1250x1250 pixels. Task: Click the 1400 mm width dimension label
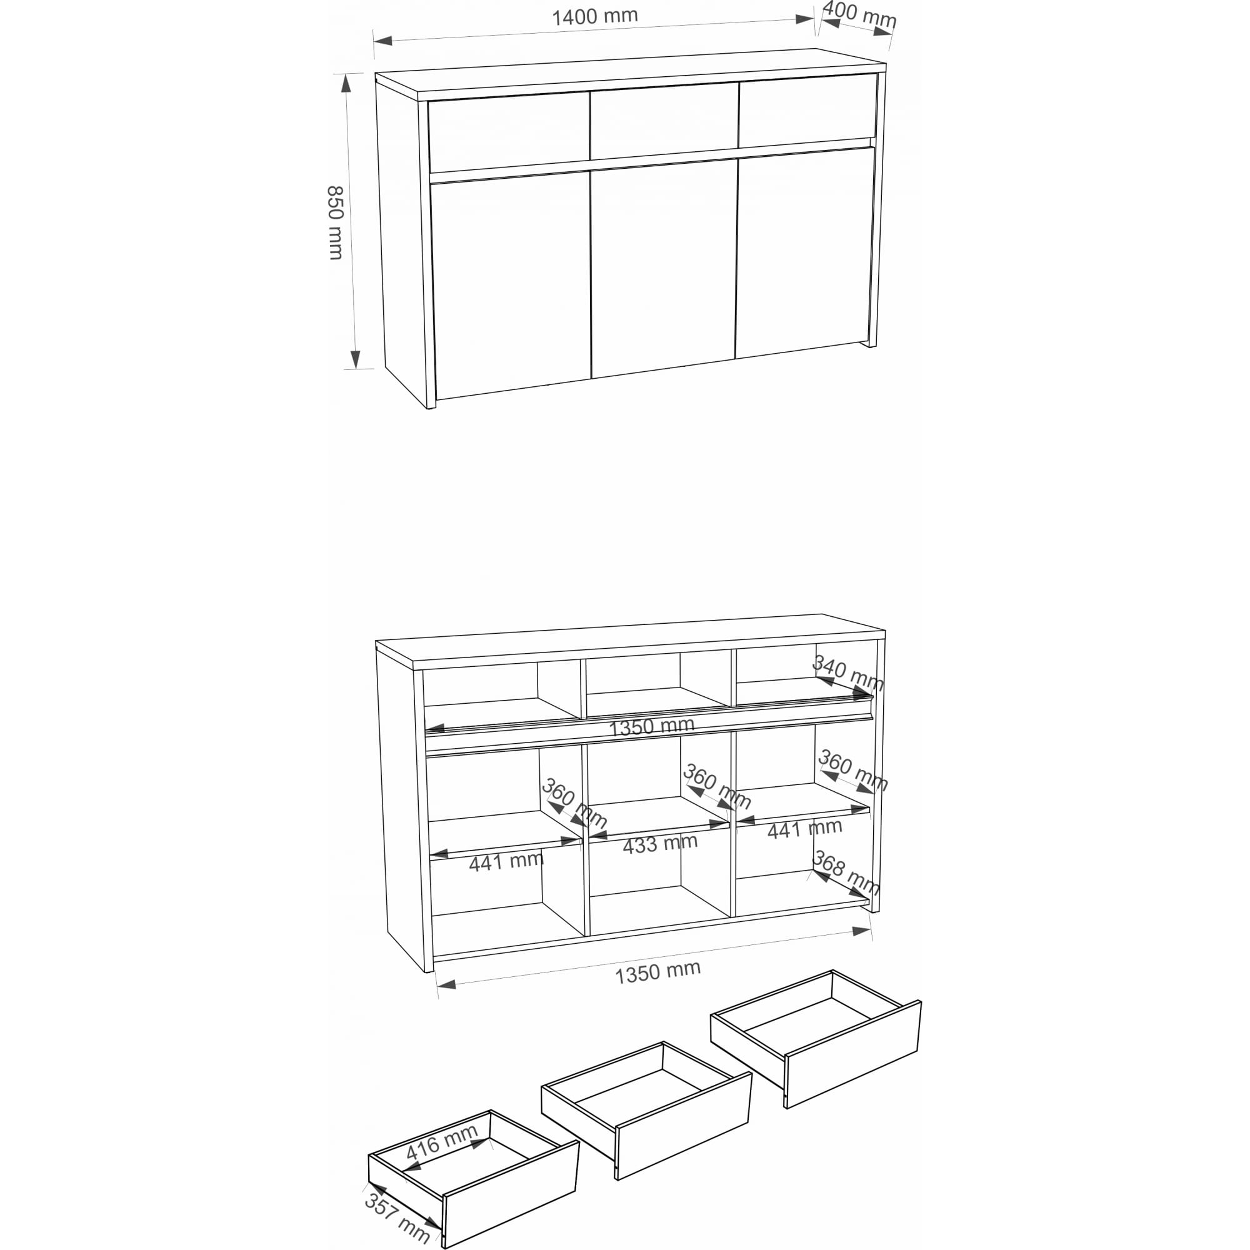pyautogui.click(x=594, y=16)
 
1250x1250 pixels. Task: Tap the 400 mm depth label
pyautogui.click(x=859, y=14)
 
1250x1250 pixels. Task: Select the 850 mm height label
pyautogui.click(x=335, y=222)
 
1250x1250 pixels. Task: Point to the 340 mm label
pyautogui.click(x=847, y=673)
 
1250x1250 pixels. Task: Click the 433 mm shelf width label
pyautogui.click(x=660, y=844)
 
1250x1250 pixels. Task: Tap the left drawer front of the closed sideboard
pyautogui.click(x=509, y=132)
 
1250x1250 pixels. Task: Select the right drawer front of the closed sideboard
pyautogui.click(x=807, y=111)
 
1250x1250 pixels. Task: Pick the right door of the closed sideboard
pyautogui.click(x=805, y=252)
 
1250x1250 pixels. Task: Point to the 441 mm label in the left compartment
pyautogui.click(x=506, y=862)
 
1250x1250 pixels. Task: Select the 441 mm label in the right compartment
pyautogui.click(x=804, y=829)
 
